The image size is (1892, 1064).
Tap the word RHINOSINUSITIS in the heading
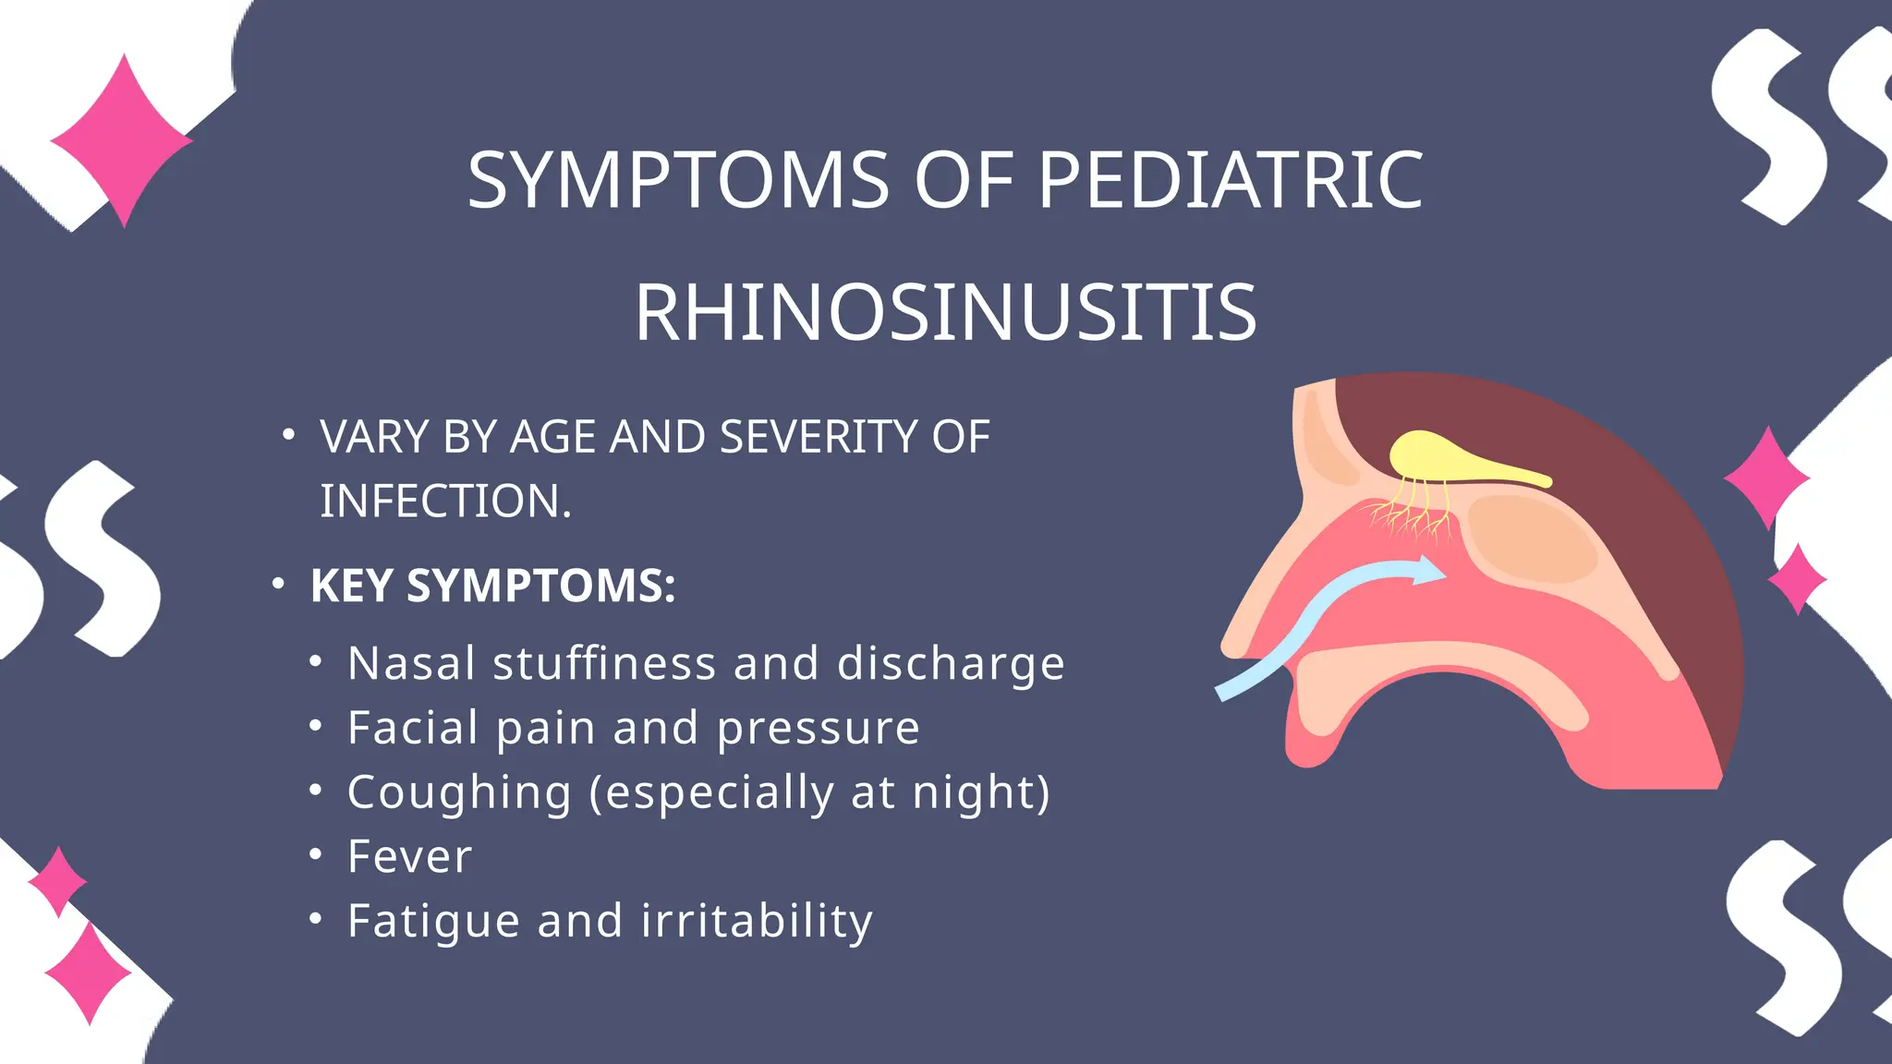(945, 312)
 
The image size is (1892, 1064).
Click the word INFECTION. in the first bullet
(445, 501)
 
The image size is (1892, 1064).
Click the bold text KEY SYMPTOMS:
(492, 586)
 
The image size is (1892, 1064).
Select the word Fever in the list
(409, 856)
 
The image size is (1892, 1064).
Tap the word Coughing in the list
(459, 792)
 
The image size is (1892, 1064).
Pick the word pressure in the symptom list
(819, 728)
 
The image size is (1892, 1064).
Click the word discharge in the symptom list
(951, 663)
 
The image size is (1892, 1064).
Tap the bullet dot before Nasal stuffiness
(316, 662)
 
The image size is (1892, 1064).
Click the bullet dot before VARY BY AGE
(288, 434)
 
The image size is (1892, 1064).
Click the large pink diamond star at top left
(122, 140)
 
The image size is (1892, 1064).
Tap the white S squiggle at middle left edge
(102, 559)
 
